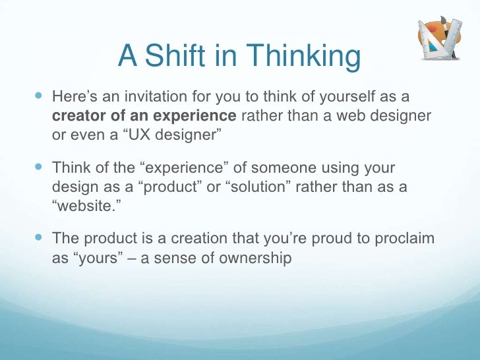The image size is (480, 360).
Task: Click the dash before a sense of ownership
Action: click(x=133, y=258)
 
